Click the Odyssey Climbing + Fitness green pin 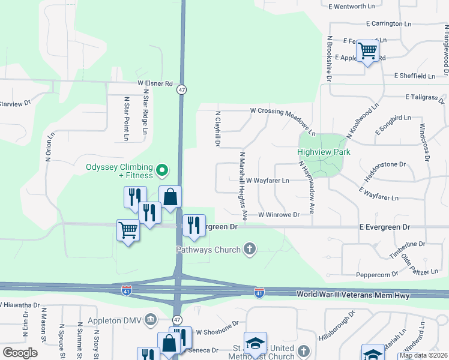pyautogui.click(x=161, y=171)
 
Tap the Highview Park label pyautogui.click(x=324, y=152)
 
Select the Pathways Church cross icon pyautogui.click(x=249, y=249)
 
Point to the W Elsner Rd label pyautogui.click(x=155, y=84)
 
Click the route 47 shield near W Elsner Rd pyautogui.click(x=182, y=89)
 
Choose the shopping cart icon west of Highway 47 pyautogui.click(x=128, y=229)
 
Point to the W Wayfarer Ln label pyautogui.click(x=267, y=180)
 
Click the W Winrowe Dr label pyautogui.click(x=279, y=214)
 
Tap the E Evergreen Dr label pyautogui.click(x=384, y=227)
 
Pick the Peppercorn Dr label pyautogui.click(x=377, y=274)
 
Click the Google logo pyautogui.click(x=20, y=353)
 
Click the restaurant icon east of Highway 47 pyautogui.click(x=193, y=225)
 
